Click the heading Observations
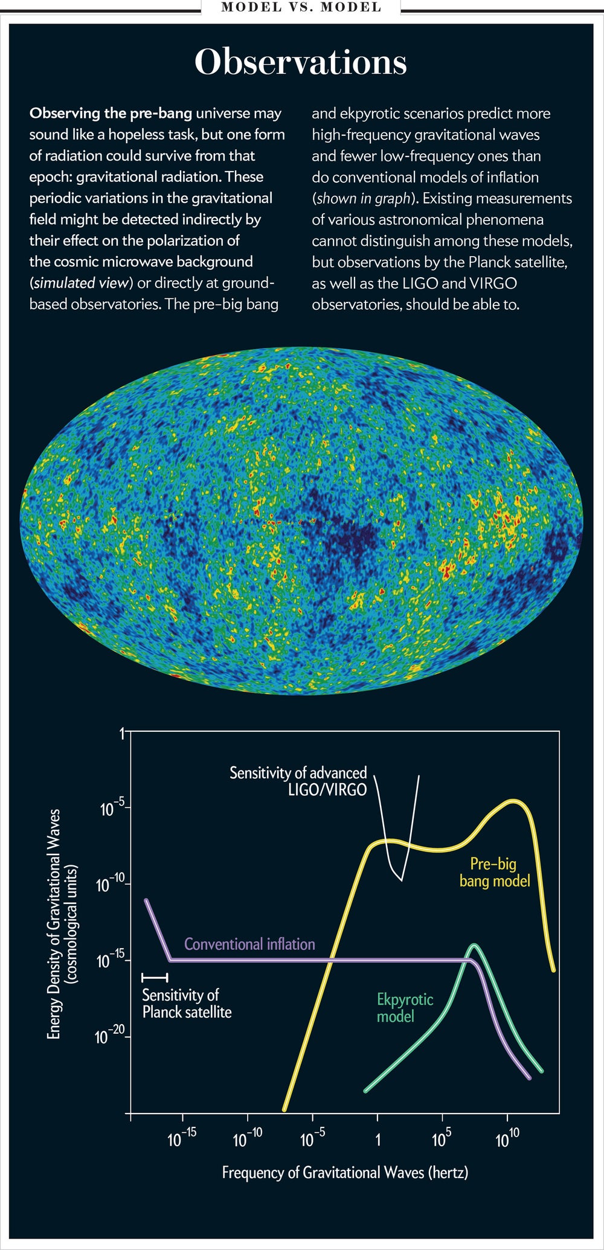[301, 63]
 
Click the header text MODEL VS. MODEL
[301, 7]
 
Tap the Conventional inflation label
[249, 944]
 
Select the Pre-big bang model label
[494, 873]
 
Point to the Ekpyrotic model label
[404, 1008]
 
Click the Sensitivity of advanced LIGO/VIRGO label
[298, 781]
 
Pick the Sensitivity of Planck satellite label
[187, 1003]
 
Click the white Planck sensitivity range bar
[155, 977]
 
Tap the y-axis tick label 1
[121, 734]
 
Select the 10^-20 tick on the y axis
[111, 1037]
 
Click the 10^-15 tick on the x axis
[182, 1139]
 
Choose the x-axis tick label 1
[377, 1140]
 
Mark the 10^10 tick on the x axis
[507, 1139]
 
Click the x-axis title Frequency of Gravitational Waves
[345, 1173]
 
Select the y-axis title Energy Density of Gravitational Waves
[63, 924]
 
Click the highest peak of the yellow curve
[514, 801]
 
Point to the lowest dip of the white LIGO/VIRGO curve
[400, 880]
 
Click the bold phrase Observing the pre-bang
[111, 113]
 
